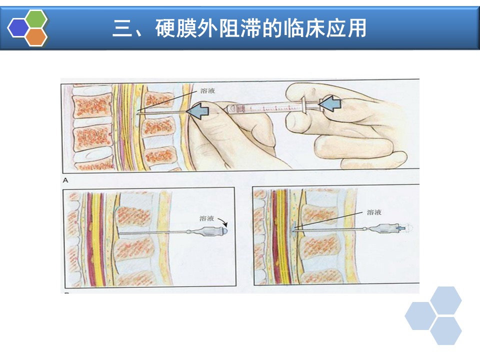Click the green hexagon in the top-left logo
(x=36, y=19)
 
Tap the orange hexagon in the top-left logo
(x=36, y=37)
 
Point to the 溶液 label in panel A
(x=207, y=90)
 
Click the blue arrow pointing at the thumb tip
(x=198, y=110)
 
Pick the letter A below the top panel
(x=65, y=180)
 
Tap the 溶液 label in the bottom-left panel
(x=206, y=218)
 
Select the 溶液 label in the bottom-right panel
(x=374, y=212)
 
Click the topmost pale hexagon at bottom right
(x=445, y=300)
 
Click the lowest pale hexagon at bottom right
(x=445, y=330)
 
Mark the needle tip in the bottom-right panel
(x=292, y=230)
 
